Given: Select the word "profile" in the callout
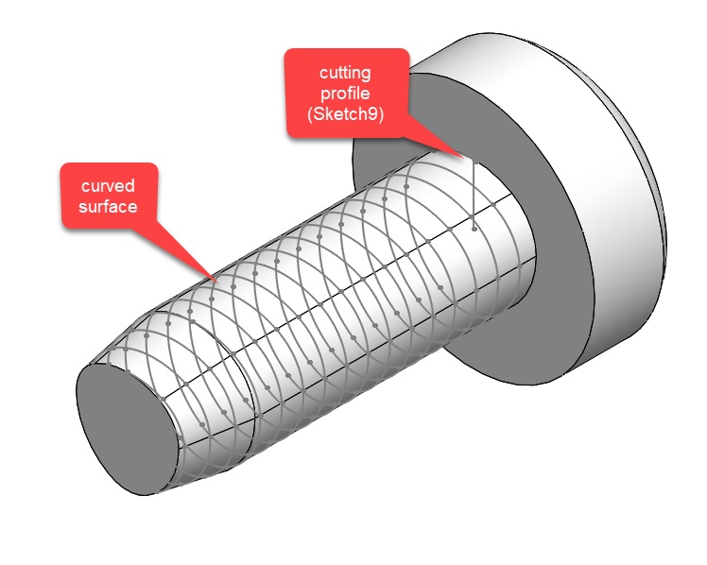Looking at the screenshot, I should [x=346, y=94].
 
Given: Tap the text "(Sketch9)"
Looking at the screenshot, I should [x=346, y=115].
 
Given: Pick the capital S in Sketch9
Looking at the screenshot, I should [x=320, y=115].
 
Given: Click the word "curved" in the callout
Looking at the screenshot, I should [x=108, y=185].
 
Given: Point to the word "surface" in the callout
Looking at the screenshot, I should [x=108, y=206].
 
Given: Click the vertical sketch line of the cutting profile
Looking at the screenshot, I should [x=472, y=189].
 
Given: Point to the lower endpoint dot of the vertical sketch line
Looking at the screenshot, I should [x=473, y=228].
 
